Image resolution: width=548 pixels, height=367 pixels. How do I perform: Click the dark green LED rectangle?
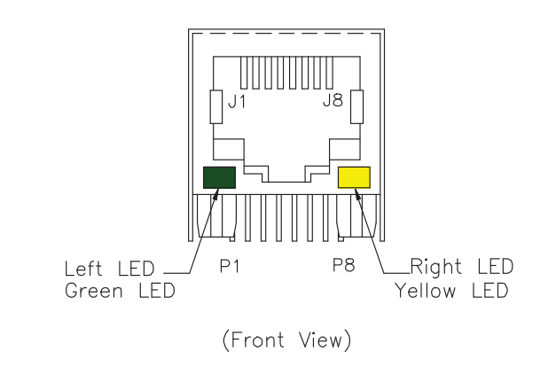coord(219,177)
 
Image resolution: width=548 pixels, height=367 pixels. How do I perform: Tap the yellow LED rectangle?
coord(354,177)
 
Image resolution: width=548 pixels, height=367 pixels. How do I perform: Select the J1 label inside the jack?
coord(237,102)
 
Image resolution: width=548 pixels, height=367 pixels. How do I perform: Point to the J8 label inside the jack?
coord(332,102)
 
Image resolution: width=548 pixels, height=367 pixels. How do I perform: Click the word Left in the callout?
coord(85,267)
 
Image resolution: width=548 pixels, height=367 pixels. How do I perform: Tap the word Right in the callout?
coord(436,266)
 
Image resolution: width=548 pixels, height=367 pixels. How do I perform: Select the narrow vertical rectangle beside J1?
coord(215,107)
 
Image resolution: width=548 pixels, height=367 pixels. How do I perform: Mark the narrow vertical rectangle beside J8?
coord(357,107)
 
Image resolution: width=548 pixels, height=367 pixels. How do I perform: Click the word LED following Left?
coord(138,267)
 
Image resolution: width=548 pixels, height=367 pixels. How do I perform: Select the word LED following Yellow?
coord(489,290)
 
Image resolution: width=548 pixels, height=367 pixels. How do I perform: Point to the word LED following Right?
coord(494,266)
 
